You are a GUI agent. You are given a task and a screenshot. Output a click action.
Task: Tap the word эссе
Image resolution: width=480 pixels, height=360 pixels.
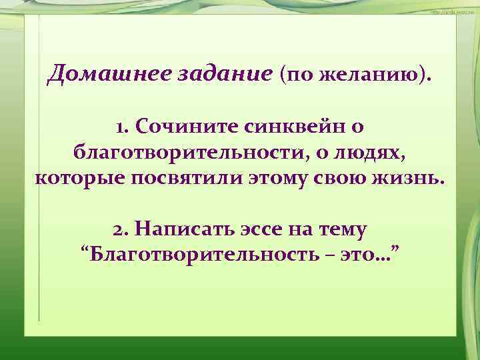click(264, 229)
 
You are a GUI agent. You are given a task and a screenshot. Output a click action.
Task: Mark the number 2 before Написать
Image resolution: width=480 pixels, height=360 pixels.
click(119, 229)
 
